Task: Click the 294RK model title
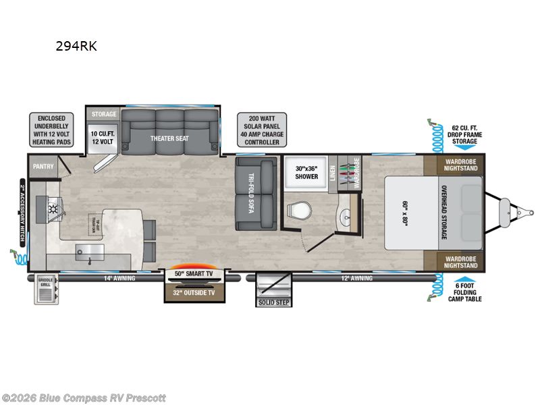pyautogui.click(x=80, y=47)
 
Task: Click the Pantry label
pyautogui.click(x=43, y=165)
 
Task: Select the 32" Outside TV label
pyautogui.click(x=195, y=294)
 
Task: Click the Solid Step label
pyautogui.click(x=273, y=302)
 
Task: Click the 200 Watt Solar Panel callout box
pyautogui.click(x=261, y=129)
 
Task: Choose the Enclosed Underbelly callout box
pyautogui.click(x=52, y=129)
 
